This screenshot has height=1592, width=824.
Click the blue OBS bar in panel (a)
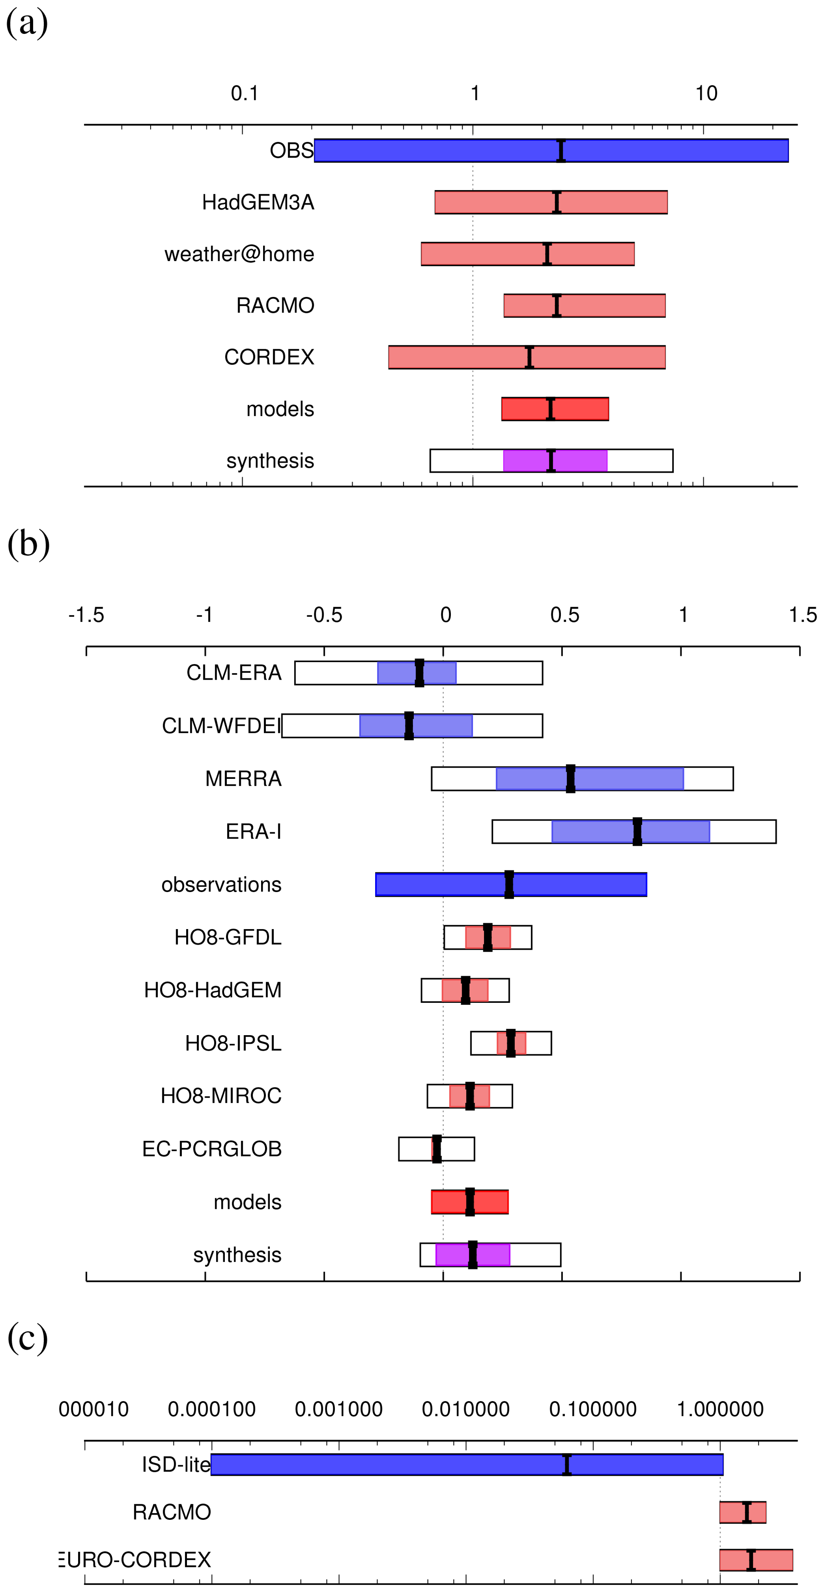433,151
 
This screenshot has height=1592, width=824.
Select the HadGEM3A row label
258,202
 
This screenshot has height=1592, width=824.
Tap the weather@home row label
239,254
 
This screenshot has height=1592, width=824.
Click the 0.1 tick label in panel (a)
244,93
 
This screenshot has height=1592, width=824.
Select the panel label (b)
28,543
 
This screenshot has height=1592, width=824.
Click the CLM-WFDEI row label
221,725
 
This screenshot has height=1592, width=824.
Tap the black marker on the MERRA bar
570,779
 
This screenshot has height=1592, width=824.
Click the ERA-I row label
254,832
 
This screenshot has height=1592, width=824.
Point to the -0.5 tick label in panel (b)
324,615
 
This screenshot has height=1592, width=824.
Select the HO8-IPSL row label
233,1043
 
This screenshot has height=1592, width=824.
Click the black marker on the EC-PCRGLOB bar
437,1149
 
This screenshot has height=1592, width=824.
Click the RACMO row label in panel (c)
172,1512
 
